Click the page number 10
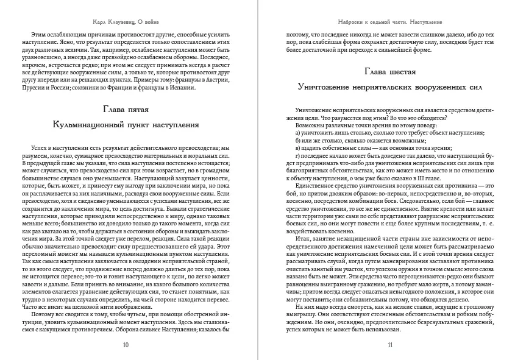pos(126,345)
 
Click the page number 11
pos(389,345)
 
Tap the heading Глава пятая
pos(126,109)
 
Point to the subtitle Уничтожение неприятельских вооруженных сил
pos(389,87)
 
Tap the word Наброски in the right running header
pos(352,9)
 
